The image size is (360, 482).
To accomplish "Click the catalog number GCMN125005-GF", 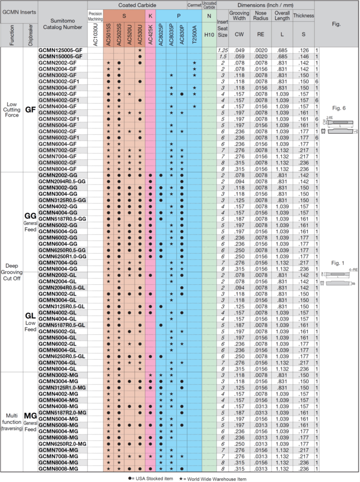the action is [x=61, y=50].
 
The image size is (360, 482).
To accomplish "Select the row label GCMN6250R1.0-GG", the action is [x=63, y=257].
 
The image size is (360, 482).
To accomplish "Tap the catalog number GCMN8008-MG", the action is [x=58, y=469].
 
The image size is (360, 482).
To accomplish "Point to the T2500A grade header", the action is [x=194, y=35].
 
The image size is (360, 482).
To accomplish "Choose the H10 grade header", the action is [x=209, y=35].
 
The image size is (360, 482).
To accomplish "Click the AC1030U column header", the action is [x=96, y=35].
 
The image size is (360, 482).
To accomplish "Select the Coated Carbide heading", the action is [x=137, y=5].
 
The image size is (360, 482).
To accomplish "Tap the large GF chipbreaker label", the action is [x=31, y=110].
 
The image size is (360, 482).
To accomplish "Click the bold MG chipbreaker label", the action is [x=31, y=416].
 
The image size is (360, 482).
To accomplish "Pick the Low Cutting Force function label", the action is [x=12, y=110].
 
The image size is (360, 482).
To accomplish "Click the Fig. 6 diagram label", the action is [x=339, y=108].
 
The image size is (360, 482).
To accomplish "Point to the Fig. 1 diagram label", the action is [x=337, y=263].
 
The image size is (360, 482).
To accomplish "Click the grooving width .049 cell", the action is [x=239, y=50].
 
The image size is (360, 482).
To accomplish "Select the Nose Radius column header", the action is [x=261, y=16].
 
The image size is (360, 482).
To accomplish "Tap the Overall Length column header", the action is [x=282, y=16].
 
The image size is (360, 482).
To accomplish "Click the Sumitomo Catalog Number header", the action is [x=63, y=24].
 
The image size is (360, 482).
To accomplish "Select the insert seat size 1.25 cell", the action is [x=223, y=50].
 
